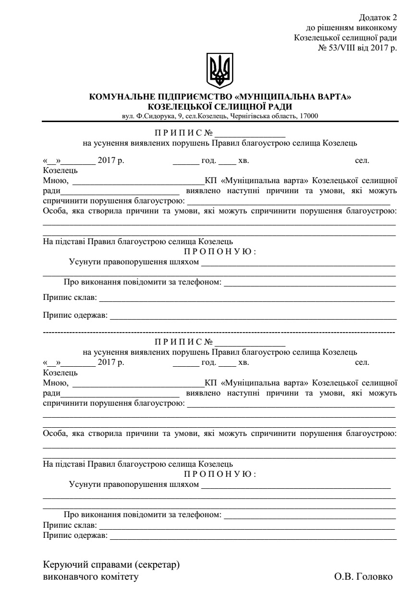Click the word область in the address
[284, 115]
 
